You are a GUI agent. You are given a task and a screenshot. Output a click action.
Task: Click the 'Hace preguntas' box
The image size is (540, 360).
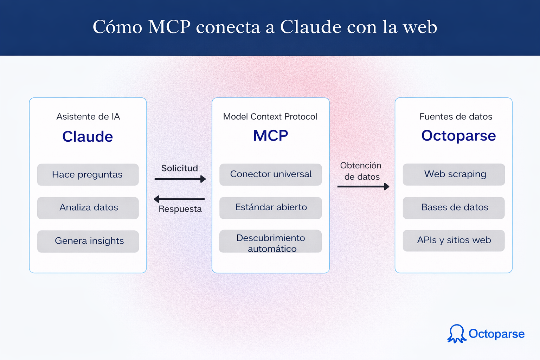[88, 174]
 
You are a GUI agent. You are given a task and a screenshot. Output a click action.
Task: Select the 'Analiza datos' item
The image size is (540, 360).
[88, 208]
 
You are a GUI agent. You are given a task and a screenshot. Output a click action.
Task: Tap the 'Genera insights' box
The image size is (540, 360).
[88, 241]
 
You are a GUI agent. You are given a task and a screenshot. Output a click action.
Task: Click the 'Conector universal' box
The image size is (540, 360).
[270, 174]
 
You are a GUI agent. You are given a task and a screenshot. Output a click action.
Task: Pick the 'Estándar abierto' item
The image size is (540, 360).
[270, 208]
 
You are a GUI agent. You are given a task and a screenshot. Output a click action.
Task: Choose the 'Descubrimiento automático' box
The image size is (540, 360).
[270, 242]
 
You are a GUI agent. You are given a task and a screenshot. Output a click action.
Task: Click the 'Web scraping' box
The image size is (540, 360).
[454, 174]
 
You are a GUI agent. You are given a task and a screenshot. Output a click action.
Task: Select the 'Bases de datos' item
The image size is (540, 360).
[454, 208]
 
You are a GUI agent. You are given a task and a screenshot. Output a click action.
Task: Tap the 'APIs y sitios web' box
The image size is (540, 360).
[454, 240]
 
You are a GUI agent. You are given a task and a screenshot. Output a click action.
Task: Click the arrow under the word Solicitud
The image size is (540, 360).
[180, 179]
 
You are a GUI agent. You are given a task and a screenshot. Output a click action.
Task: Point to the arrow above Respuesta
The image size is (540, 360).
[179, 199]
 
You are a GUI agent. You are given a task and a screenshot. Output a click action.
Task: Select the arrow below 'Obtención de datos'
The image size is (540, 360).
[363, 186]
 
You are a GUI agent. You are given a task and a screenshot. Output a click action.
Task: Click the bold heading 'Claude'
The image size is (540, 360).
[88, 136]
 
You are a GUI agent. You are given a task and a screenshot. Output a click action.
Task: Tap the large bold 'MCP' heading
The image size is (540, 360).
[270, 136]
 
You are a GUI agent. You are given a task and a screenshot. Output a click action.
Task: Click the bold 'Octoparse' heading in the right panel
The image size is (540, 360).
[458, 136]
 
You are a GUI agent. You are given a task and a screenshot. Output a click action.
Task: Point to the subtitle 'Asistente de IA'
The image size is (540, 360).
[88, 116]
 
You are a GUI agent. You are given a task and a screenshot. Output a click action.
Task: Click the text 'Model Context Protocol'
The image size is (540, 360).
[270, 116]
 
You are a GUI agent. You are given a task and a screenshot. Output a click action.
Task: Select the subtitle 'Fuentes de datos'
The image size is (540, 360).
[456, 116]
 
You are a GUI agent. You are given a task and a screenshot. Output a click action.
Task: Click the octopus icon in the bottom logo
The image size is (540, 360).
[457, 334]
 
